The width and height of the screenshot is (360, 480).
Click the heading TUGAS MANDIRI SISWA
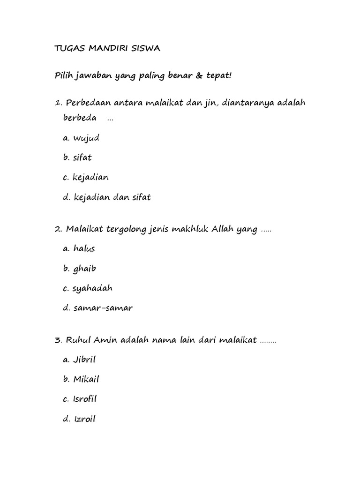(107, 50)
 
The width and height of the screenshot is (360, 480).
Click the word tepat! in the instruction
(218, 76)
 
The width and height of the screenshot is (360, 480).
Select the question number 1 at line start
(58, 103)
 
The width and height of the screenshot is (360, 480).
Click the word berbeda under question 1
(80, 118)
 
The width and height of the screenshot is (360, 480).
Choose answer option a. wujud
(81, 138)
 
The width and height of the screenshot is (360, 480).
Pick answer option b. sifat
(78, 158)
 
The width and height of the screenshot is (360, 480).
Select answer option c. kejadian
(85, 178)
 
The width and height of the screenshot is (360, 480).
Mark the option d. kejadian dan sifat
(106, 197)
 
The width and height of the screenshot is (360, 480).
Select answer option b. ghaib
(80, 269)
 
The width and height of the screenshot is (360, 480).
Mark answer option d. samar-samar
(97, 308)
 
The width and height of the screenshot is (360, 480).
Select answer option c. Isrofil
(80, 399)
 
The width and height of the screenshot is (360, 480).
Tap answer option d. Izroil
(79, 419)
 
